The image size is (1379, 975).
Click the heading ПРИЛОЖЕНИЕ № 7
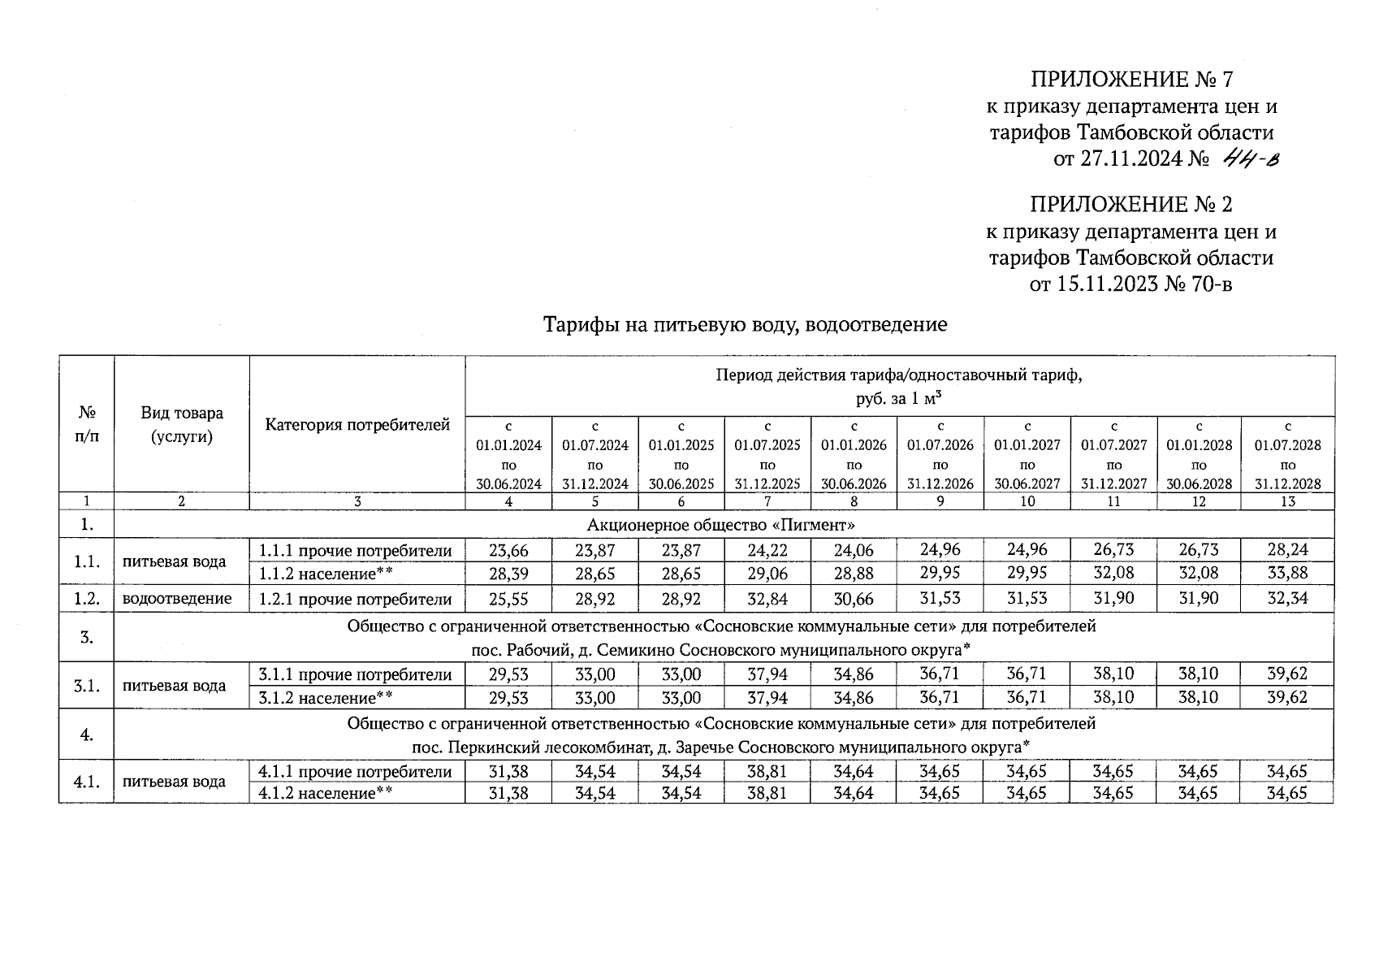pos(1131,80)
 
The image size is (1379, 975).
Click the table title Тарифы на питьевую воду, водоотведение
pos(745,325)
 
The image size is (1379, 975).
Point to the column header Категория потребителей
pos(357,425)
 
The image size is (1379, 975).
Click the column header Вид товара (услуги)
pos(182,425)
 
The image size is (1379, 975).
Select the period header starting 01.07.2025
pos(767,455)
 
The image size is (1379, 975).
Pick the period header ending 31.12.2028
pos(1287,455)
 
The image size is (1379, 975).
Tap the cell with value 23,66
pos(508,550)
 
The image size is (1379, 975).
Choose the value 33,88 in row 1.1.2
pos(1287,574)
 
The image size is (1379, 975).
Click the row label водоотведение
pos(177,599)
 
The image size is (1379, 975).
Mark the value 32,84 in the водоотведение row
pos(767,599)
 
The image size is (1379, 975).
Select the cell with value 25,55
pos(508,599)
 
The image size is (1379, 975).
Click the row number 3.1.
pos(86,686)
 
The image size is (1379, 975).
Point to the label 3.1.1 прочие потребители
pos(355,674)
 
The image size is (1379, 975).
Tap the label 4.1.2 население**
pos(326,793)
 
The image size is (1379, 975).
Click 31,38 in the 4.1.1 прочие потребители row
pos(508,772)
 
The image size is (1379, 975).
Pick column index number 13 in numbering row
pos(1287,501)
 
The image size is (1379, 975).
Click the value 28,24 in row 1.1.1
pos(1287,550)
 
